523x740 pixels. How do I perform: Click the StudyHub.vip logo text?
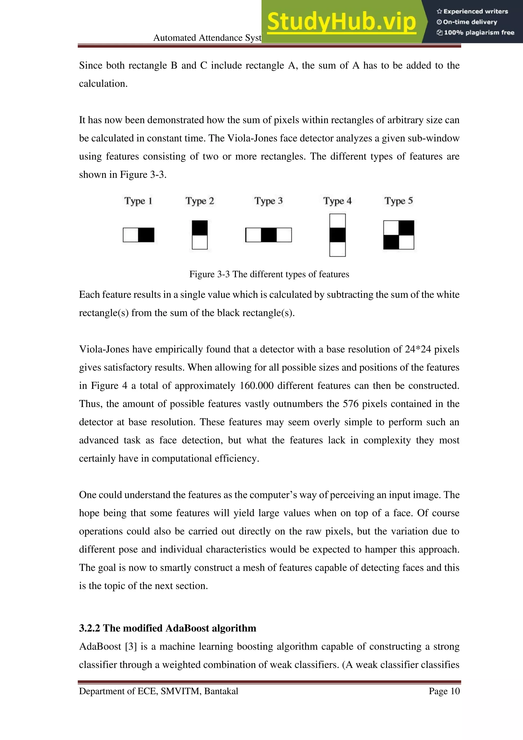click(341, 22)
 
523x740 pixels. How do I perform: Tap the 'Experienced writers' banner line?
click(472, 12)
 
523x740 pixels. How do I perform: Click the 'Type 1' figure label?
click(138, 201)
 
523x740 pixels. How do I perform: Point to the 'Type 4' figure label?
click(337, 201)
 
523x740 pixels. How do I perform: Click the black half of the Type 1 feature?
click(146, 235)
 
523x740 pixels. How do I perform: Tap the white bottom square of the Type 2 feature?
click(200, 242)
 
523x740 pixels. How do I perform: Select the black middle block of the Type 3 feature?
click(269, 235)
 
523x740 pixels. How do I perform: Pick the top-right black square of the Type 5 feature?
click(406, 228)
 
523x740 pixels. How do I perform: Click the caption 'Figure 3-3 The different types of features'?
click(269, 274)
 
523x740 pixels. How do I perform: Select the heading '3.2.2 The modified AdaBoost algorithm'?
click(168, 628)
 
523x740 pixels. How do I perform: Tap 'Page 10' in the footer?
click(444, 691)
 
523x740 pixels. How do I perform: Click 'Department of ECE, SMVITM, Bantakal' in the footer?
click(158, 691)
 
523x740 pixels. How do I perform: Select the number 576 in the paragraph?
click(350, 404)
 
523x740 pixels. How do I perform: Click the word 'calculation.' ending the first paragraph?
click(103, 84)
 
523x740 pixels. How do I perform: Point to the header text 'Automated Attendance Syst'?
click(207, 38)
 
